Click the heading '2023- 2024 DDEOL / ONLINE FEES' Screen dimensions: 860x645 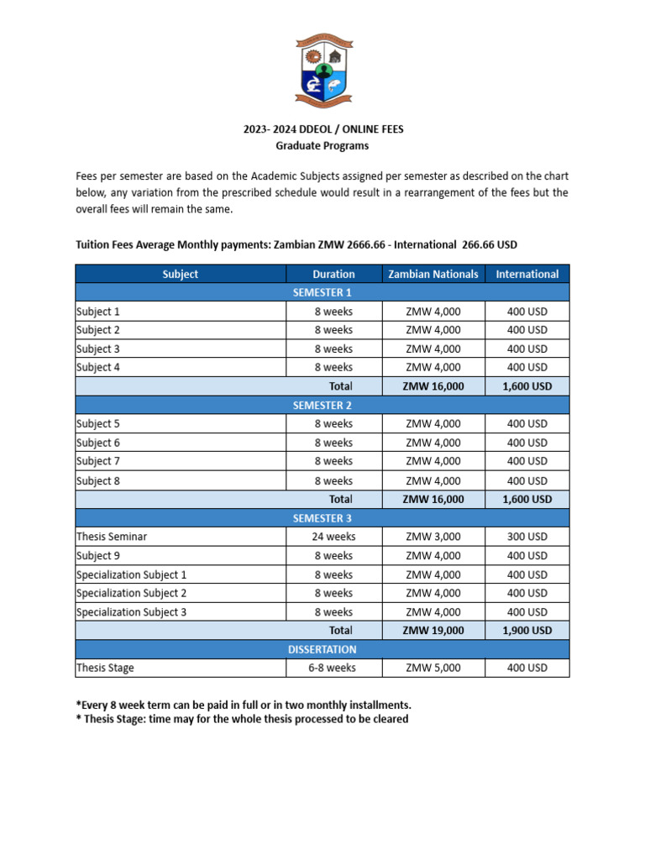322,129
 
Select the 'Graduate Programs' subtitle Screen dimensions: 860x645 322,145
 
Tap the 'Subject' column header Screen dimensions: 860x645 181,274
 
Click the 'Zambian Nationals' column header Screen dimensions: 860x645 433,274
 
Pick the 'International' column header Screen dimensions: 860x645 527,274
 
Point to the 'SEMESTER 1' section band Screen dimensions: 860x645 322,292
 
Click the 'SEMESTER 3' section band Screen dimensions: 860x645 322,518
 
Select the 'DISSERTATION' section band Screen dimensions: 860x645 322,649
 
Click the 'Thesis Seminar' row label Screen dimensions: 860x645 112,537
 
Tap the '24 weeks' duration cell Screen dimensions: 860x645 333,537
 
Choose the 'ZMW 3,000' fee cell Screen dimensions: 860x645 433,537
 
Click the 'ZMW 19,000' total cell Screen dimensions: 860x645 433,630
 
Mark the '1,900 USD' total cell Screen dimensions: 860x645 527,630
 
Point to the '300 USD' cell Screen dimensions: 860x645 527,537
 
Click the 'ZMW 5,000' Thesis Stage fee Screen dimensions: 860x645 433,668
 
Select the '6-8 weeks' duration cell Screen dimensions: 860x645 333,668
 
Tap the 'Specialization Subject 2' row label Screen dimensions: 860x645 131,593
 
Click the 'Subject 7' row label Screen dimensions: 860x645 98,461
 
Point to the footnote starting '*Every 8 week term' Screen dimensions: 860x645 244,704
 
